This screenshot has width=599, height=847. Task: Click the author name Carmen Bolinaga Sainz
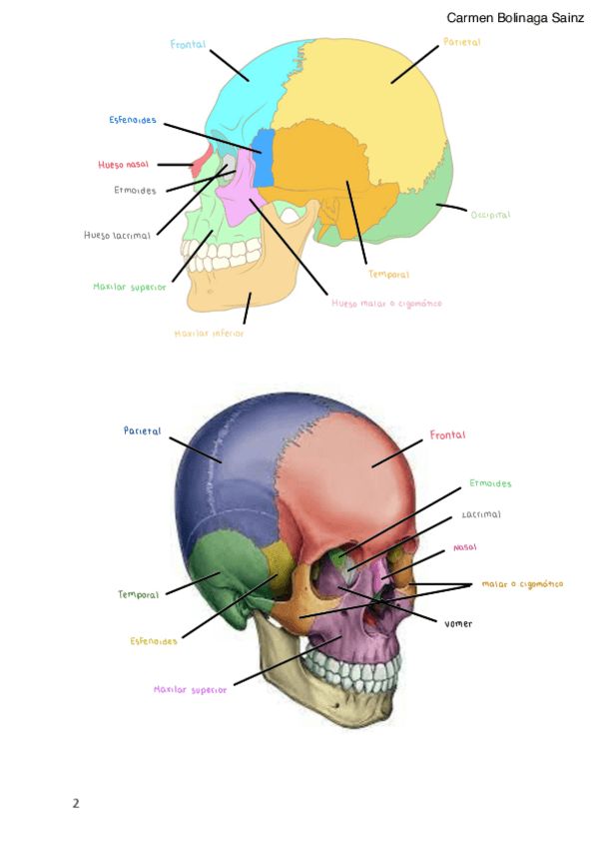pos(515,18)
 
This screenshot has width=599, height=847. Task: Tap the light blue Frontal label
pos(188,45)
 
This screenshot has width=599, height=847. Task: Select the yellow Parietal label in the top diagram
pos(462,43)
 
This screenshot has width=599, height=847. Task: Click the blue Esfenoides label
pos(133,121)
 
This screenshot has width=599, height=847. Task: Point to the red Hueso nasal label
pos(124,165)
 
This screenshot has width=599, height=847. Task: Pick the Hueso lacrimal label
pos(118,236)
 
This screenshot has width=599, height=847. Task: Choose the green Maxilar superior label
pos(130,287)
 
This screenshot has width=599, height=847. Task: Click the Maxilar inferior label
pos(209,334)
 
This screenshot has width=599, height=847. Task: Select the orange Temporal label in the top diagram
pos(388,275)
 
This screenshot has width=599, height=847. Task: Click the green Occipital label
pos(490,215)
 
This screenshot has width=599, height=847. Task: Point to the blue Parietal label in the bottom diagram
pos(143,431)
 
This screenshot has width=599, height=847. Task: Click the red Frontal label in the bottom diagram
pos(448,435)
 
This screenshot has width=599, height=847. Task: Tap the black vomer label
pos(458,624)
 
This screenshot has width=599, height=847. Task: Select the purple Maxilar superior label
pos(191,689)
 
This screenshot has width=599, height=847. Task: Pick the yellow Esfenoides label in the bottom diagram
pos(154,641)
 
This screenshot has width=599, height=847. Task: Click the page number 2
pos(76,803)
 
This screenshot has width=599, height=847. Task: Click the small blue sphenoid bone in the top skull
pos(264,158)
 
